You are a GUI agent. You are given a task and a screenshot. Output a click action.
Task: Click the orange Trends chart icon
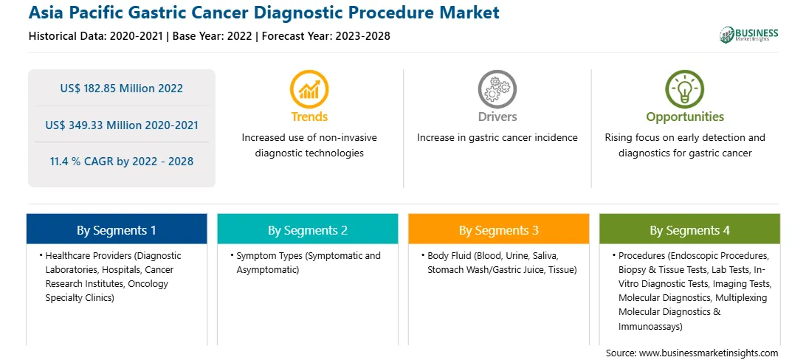(x=309, y=89)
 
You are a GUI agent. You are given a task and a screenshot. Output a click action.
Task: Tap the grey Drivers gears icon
(x=497, y=89)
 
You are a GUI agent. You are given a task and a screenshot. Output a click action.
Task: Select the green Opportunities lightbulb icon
(x=685, y=89)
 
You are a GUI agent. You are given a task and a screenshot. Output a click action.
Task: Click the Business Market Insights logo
(x=749, y=35)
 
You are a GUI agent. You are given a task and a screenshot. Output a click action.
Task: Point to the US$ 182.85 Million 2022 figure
(x=121, y=88)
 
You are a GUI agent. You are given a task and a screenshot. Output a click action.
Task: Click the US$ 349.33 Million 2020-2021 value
(x=122, y=125)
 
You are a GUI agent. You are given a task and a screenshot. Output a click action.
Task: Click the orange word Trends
(x=309, y=117)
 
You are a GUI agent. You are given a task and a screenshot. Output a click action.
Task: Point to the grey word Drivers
(x=497, y=117)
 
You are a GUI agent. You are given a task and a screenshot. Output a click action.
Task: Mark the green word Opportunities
(x=685, y=117)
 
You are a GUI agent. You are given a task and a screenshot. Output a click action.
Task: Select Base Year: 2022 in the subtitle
(x=213, y=36)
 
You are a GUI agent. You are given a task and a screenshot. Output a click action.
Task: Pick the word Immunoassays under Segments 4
(x=650, y=326)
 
